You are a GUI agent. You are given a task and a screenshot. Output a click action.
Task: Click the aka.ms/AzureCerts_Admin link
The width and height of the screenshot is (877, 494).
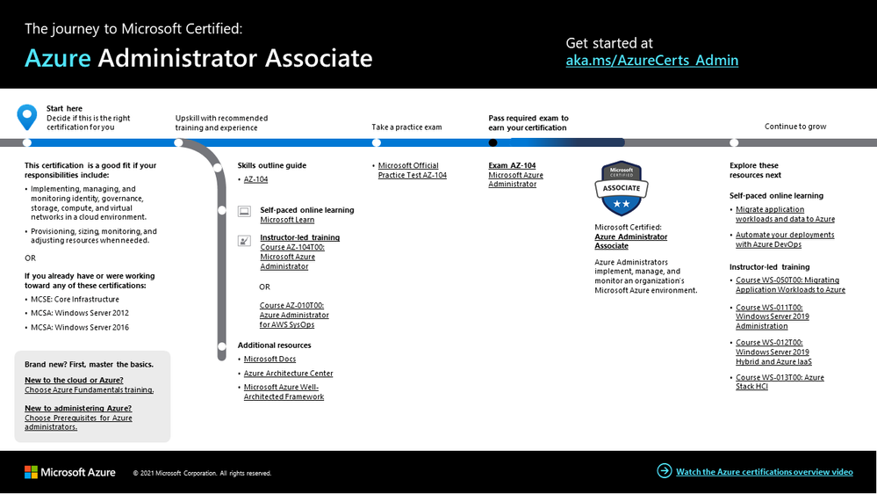click(x=651, y=61)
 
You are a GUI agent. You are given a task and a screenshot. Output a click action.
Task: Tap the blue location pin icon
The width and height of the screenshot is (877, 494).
click(x=27, y=116)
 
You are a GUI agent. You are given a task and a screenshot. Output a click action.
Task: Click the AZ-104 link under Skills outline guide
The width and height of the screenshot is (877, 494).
click(x=255, y=179)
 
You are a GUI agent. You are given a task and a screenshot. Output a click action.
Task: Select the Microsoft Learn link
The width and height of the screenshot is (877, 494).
click(x=287, y=220)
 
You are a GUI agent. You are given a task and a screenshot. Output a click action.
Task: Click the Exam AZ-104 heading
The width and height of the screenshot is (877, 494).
click(x=512, y=165)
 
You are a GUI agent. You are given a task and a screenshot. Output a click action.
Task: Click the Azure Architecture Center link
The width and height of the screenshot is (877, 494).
click(x=288, y=374)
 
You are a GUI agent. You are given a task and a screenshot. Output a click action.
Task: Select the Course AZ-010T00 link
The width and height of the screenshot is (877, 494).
click(x=294, y=315)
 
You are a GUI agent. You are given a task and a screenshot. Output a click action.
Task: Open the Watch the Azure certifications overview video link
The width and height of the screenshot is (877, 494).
click(x=764, y=472)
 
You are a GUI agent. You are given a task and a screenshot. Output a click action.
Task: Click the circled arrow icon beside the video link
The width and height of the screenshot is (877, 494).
click(x=664, y=471)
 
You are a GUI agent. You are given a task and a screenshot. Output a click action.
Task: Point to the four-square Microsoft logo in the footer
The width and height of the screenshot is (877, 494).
click(x=31, y=472)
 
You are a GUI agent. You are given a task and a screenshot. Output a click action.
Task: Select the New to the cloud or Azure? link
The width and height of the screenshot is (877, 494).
click(x=73, y=381)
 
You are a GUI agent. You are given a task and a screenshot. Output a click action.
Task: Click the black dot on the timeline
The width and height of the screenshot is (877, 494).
click(x=492, y=142)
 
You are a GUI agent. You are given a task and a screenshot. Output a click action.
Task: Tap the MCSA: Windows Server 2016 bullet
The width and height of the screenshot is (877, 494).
click(x=79, y=327)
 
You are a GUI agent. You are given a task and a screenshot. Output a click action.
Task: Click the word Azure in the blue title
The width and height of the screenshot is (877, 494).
click(x=58, y=58)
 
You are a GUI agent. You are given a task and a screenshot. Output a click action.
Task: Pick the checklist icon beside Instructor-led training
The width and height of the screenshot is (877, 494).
click(x=244, y=239)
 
